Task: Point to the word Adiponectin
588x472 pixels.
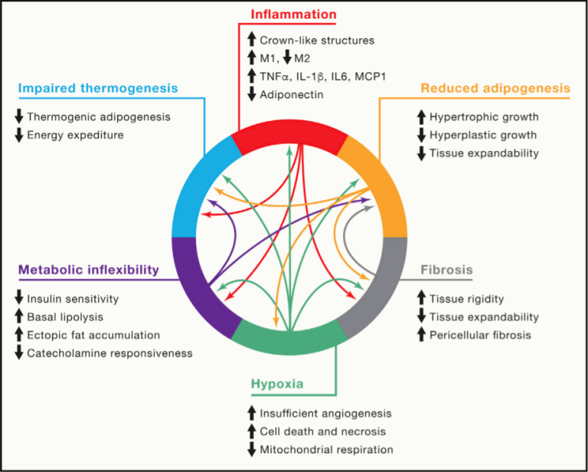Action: pyautogui.click(x=292, y=94)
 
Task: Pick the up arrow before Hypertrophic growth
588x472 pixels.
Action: pyautogui.click(x=420, y=117)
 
